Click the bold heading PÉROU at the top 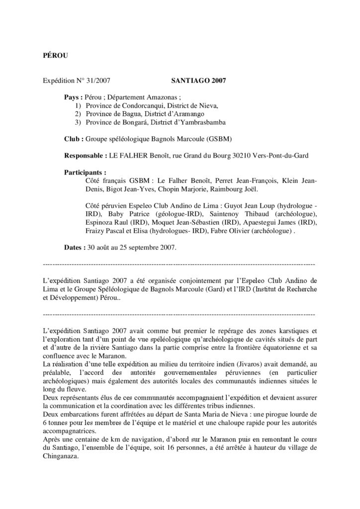pos(53,55)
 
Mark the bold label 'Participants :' pos(85,172)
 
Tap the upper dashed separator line pos(180,263)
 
